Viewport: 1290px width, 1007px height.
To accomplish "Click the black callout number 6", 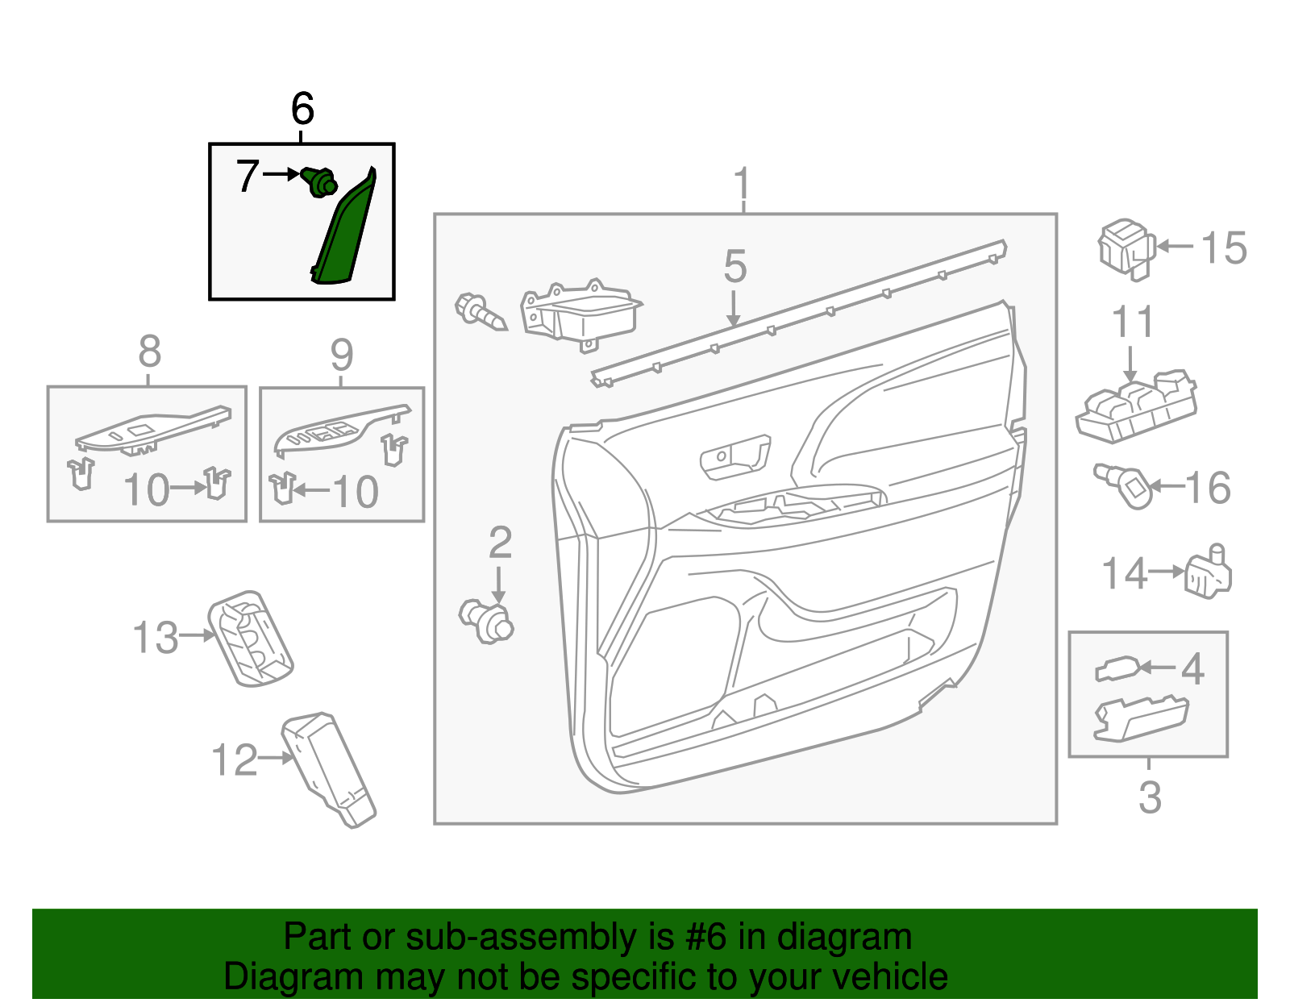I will click(302, 109).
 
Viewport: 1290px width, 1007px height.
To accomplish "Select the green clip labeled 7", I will click(320, 182).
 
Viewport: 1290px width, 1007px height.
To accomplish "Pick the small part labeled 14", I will click(1208, 572).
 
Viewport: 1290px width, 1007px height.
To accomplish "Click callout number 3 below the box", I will click(1150, 797).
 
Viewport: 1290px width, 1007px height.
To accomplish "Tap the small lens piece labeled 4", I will click(1117, 669).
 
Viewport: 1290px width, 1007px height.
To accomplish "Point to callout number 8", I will click(150, 352).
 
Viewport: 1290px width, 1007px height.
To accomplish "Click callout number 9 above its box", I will click(342, 354).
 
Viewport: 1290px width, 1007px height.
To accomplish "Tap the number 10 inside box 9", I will click(355, 491).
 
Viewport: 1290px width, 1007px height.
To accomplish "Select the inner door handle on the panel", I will click(734, 457).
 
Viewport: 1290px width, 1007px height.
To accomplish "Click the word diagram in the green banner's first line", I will click(844, 938).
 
